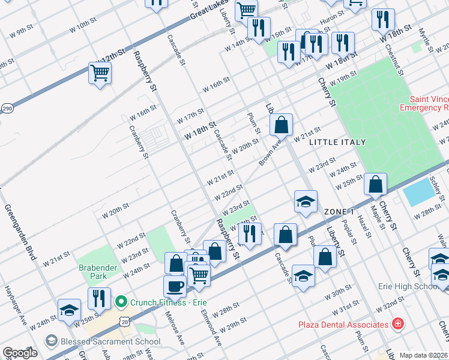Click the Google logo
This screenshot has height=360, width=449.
pos(20,353)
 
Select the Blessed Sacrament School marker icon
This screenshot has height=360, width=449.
pos(51,340)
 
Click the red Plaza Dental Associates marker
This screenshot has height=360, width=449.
pos(396,325)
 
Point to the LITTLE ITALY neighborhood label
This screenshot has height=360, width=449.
pos(337,142)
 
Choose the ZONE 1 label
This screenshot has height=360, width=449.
pos(338,212)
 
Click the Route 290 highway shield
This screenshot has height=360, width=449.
pos(7,109)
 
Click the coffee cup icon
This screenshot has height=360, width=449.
pos(175,286)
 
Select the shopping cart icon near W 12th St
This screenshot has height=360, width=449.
pos(100,73)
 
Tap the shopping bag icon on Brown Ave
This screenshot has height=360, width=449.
pos(281,125)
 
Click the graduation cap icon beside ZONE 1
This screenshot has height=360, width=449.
pos(306,202)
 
